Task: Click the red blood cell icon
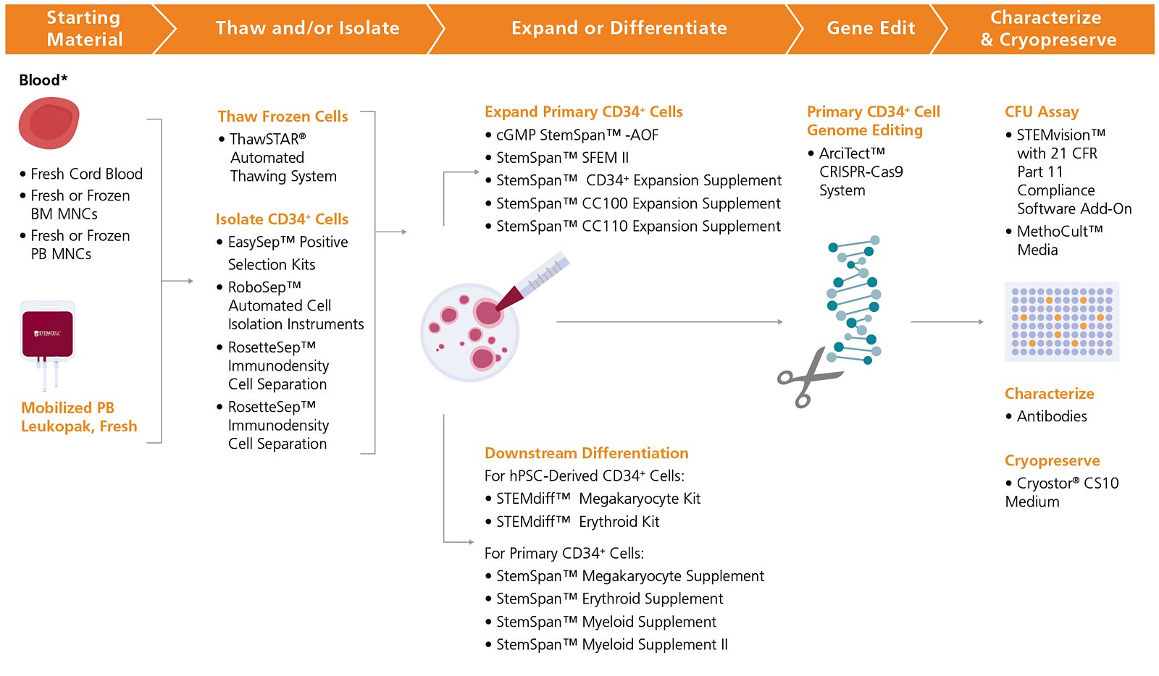(49, 124)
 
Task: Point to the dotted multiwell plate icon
(1061, 321)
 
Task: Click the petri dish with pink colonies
(470, 332)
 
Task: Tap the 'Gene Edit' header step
(870, 28)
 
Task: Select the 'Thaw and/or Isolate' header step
(307, 28)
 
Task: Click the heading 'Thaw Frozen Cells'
(283, 117)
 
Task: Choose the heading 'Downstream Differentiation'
(586, 453)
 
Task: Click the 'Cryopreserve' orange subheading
(1052, 460)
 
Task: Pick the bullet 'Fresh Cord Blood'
(86, 174)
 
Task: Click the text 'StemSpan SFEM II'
(562, 158)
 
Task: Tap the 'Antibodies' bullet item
(1051, 416)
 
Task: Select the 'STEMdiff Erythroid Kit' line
(577, 522)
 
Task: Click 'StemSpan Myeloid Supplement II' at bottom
(611, 644)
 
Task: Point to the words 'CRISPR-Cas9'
(861, 172)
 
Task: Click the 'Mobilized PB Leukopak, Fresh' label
(79, 417)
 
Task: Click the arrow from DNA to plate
(946, 321)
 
